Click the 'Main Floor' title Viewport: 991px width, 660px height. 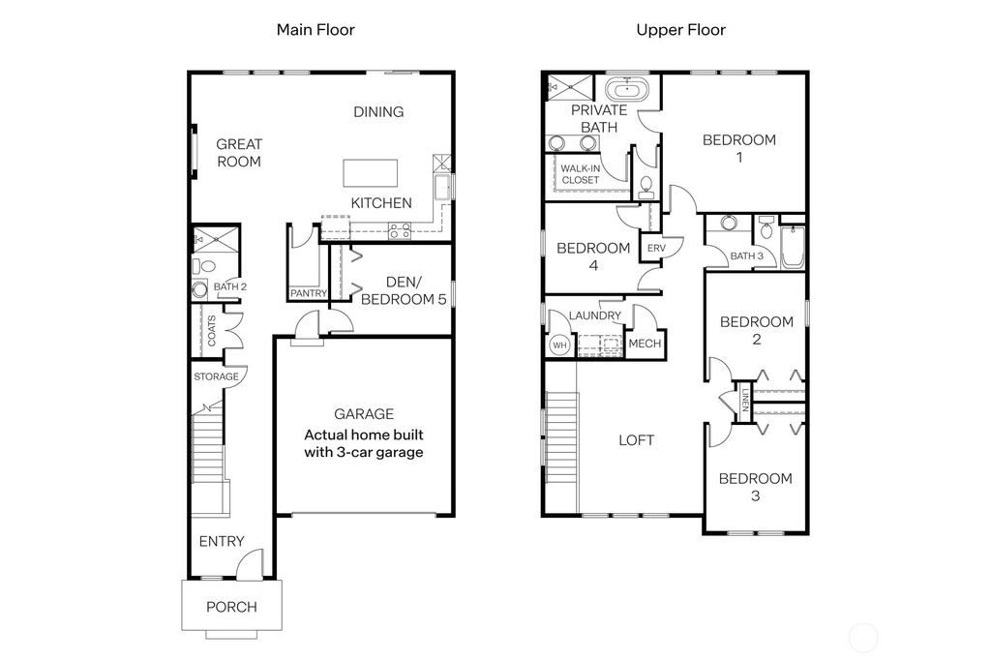tap(315, 30)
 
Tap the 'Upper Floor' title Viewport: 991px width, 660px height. tap(680, 30)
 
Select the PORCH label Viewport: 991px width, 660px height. tap(232, 608)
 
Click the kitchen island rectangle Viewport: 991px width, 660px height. tap(371, 173)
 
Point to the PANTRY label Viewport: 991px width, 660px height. tap(309, 293)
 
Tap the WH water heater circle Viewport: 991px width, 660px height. tap(559, 345)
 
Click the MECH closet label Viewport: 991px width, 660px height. tap(645, 345)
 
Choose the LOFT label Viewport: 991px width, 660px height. tap(636, 440)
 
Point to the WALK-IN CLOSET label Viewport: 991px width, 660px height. tap(581, 174)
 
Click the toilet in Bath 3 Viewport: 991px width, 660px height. tap(766, 229)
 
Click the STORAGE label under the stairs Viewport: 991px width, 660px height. tap(215, 376)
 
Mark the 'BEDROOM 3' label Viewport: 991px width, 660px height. tap(755, 487)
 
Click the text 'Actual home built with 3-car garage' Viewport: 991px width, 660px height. tap(364, 443)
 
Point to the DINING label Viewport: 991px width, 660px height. tap(378, 112)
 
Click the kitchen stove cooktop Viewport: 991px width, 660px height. tap(399, 230)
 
